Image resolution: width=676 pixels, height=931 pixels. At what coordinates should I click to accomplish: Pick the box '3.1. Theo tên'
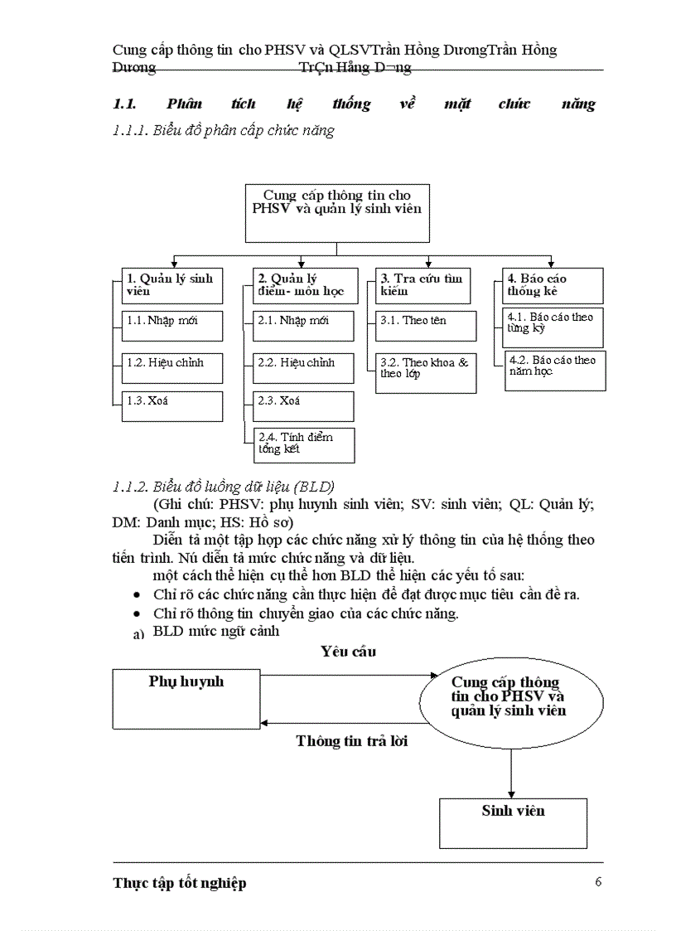[x=427, y=325]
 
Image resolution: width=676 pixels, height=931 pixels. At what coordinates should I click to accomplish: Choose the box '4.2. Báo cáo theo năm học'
[x=555, y=371]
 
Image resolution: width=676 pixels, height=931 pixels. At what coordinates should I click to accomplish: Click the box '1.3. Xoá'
[x=173, y=405]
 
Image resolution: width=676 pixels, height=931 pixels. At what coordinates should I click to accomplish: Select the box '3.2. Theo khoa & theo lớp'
[x=427, y=373]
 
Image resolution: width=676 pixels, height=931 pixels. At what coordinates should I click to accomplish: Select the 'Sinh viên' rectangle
[x=513, y=822]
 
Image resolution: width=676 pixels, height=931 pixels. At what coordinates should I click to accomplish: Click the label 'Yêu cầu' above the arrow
[x=348, y=652]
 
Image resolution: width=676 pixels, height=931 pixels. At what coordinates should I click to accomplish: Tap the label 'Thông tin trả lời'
[x=352, y=741]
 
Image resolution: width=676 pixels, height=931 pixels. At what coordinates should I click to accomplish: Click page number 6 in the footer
[x=598, y=881]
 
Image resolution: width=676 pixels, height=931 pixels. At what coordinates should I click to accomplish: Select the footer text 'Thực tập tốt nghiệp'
[x=180, y=883]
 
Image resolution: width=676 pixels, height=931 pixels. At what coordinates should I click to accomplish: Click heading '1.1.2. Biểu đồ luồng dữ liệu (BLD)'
[x=224, y=486]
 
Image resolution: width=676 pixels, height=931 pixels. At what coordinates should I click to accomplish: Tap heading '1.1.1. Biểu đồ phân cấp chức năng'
[x=224, y=130]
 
